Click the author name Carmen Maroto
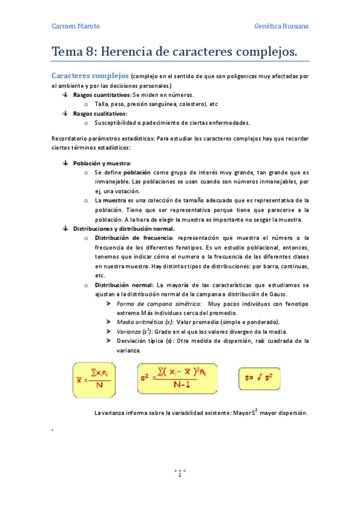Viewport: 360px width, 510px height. click(76, 26)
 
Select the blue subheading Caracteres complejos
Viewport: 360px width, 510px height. click(90, 76)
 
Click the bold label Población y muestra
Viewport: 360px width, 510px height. click(102, 163)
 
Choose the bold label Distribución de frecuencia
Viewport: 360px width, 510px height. click(133, 238)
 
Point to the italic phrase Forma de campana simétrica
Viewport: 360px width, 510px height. click(158, 304)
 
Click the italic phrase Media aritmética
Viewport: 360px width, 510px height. click(144, 322)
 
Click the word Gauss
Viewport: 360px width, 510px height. click(277, 294)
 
